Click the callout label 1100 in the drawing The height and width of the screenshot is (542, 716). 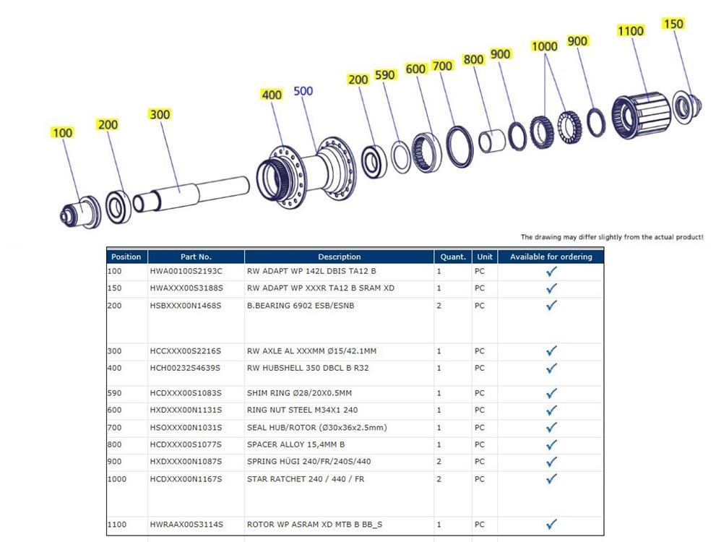(630, 31)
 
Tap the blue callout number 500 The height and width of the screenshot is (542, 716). (303, 91)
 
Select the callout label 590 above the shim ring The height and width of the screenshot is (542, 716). (385, 75)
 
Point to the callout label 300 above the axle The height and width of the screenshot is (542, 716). (160, 114)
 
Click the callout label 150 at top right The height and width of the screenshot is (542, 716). (673, 24)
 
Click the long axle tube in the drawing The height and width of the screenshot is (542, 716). (195, 191)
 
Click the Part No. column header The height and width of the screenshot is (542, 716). (196, 257)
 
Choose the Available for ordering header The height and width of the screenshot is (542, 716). (551, 257)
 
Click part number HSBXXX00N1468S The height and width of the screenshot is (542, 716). (186, 306)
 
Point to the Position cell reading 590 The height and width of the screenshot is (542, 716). (115, 393)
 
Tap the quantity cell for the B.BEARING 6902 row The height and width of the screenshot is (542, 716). (439, 306)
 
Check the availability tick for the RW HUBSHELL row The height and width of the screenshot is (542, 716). (551, 369)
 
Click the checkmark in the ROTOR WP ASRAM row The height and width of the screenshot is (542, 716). (551, 525)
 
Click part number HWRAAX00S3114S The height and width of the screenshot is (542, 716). (186, 525)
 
